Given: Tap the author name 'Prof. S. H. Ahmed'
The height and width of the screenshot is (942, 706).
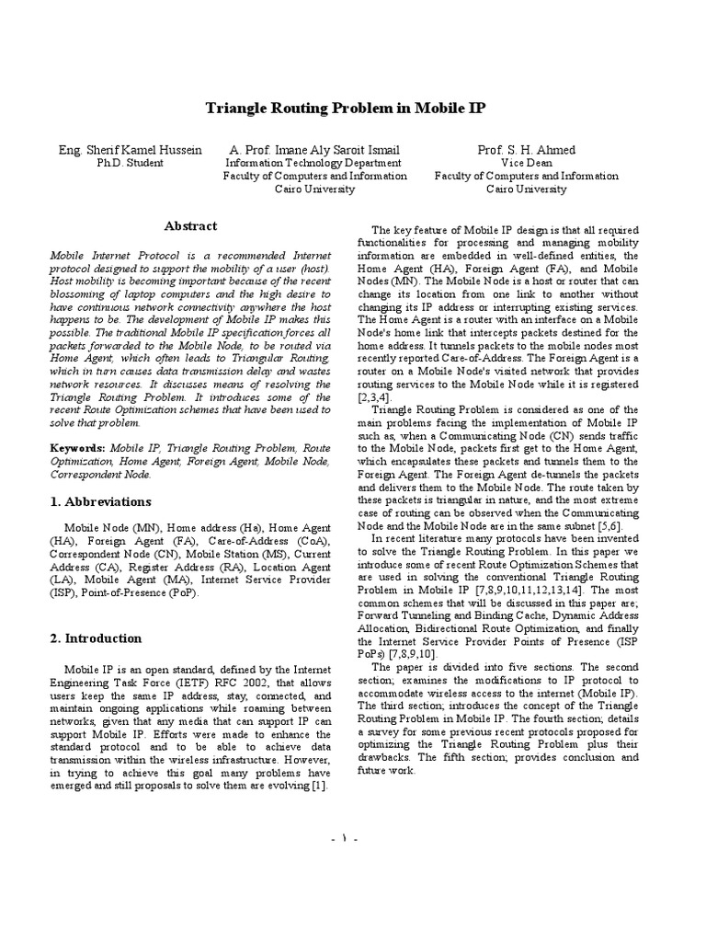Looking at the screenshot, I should (x=526, y=150).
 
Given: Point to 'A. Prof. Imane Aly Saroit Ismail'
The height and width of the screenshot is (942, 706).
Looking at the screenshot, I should (x=315, y=150).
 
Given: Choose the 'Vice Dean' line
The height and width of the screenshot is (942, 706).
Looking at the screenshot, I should (x=526, y=163).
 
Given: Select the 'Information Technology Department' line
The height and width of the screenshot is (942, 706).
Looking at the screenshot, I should (x=315, y=163).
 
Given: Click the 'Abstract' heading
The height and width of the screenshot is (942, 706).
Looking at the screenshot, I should (x=190, y=226).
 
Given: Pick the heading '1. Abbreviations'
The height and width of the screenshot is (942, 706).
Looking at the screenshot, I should (x=100, y=502).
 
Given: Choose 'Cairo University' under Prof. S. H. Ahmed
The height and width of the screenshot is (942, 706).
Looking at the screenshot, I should (x=526, y=189).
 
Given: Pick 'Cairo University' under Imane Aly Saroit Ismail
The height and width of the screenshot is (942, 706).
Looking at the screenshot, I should (x=315, y=189).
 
